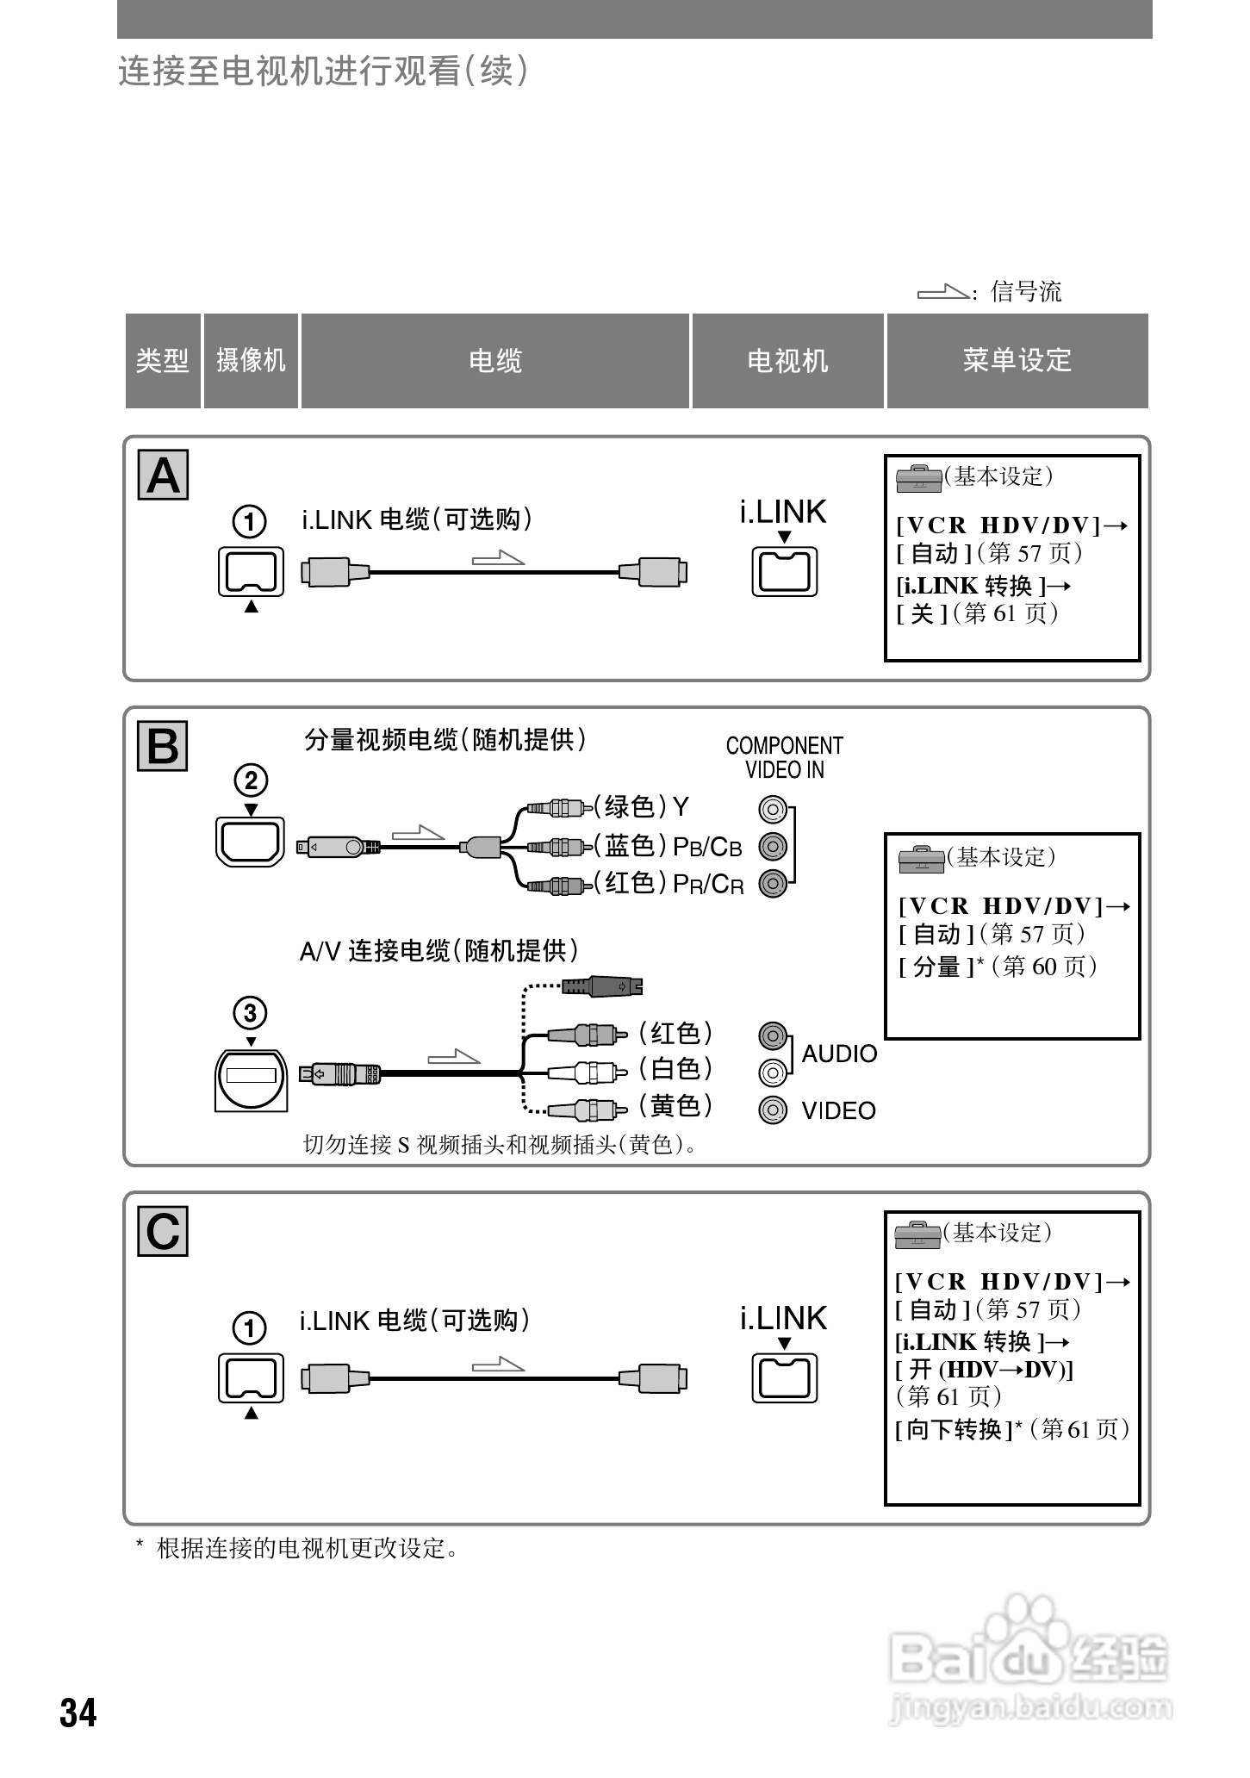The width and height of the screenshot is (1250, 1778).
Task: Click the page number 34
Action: pos(78,1712)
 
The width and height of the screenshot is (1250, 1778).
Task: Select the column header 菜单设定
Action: pos(1017,360)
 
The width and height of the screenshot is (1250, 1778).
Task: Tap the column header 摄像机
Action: pos(251,360)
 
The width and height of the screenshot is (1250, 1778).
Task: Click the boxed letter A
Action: pos(163,476)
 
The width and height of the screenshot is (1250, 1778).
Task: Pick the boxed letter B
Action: pos(163,746)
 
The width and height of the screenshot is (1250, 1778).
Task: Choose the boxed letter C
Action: pos(163,1232)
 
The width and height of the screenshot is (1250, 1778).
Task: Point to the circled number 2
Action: pos(251,780)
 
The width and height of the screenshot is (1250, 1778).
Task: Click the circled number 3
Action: pos(251,1013)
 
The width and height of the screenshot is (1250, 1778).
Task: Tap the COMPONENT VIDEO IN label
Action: pos(784,758)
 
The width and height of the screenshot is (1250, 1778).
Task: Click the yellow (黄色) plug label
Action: pos(675,1105)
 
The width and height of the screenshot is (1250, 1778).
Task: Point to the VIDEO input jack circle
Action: pos(773,1110)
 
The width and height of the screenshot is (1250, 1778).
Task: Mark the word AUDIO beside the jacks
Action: pos(839,1054)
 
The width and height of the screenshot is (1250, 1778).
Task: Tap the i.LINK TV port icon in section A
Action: pos(784,571)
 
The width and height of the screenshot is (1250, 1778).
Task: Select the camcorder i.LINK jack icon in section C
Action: pos(251,1377)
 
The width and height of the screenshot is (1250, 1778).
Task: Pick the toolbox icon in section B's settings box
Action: pos(921,859)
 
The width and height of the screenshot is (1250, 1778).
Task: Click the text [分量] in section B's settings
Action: pos(936,967)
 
